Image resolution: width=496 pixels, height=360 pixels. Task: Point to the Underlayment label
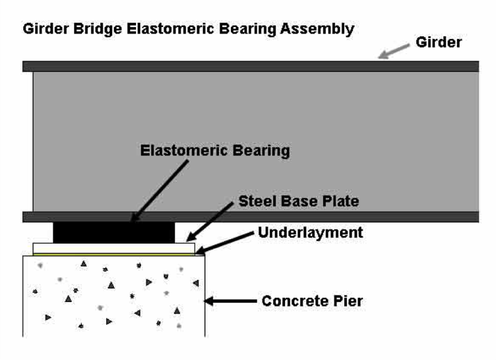point(310,232)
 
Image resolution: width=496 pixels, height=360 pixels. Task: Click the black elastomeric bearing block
point(114,232)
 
